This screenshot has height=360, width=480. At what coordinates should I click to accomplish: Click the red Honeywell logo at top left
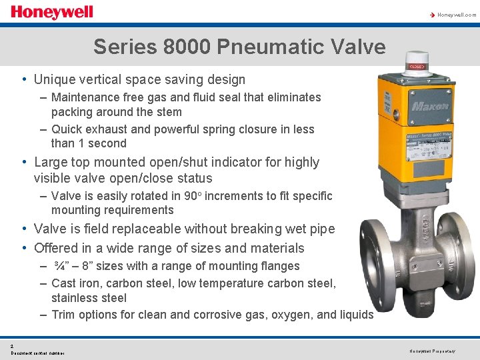point(51,12)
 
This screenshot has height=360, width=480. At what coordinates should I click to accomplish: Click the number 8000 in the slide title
point(193,47)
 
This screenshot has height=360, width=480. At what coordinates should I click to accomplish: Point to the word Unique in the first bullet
point(56,79)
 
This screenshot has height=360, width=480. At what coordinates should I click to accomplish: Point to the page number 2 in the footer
point(12,345)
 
